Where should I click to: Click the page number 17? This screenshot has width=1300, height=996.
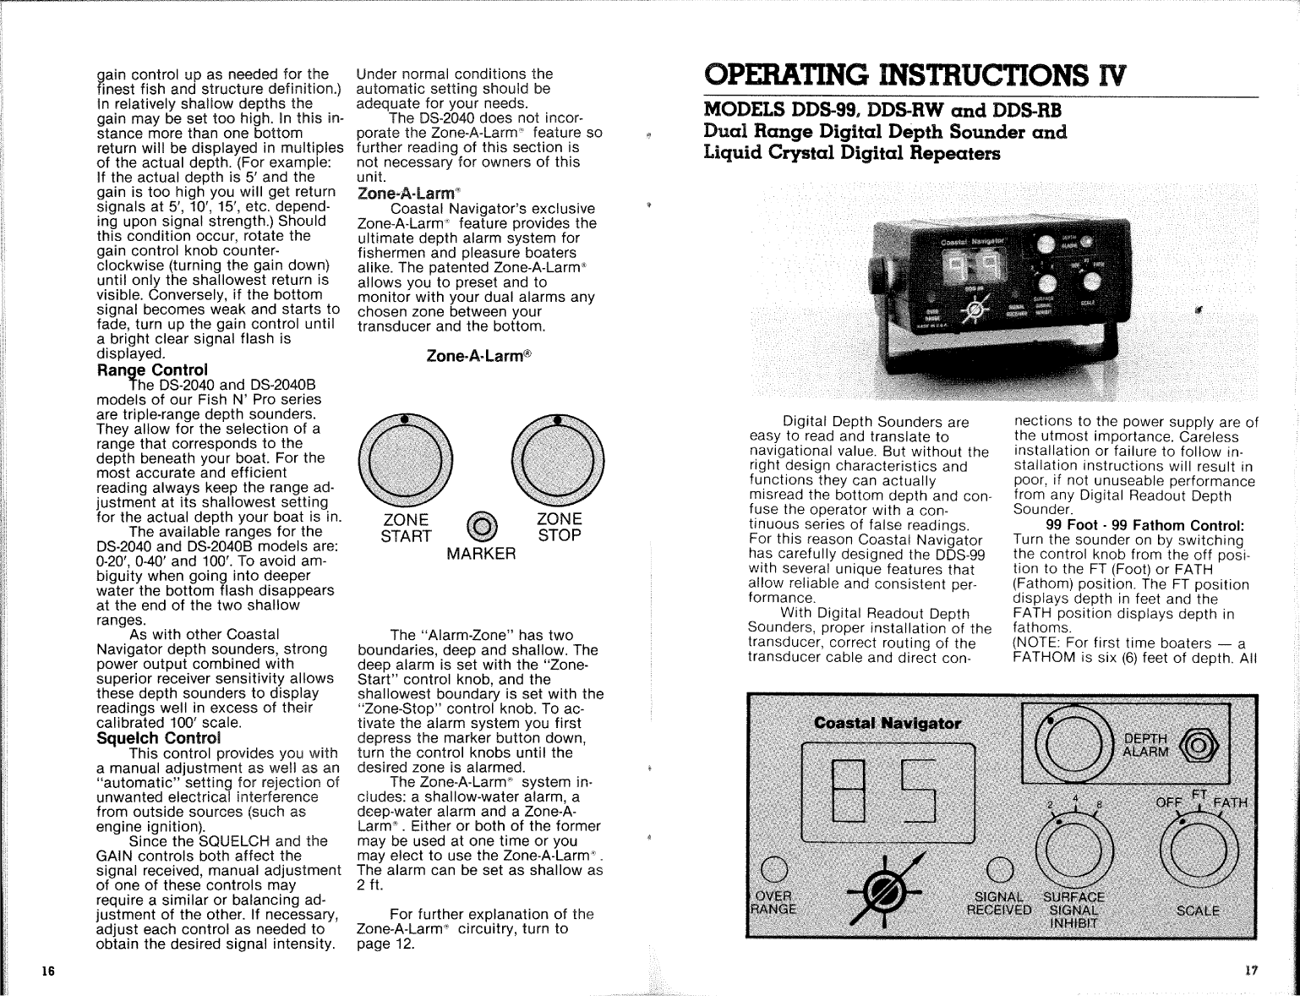point(1251,971)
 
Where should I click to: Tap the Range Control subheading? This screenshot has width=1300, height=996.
point(152,370)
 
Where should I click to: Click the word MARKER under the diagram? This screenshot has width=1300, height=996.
point(481,555)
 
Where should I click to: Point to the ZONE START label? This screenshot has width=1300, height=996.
point(406,527)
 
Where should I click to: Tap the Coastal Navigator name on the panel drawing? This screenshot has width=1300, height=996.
point(888,724)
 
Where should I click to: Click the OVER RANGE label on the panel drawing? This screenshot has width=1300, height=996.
point(773,902)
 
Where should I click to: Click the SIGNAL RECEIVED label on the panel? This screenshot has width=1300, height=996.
point(999,903)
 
